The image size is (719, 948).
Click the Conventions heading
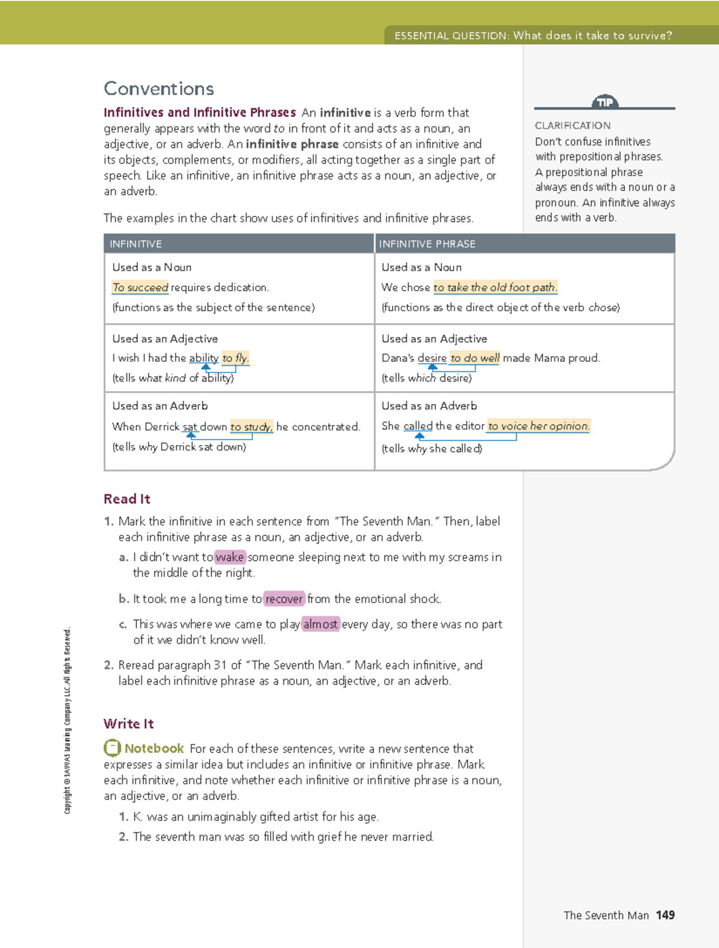tap(159, 89)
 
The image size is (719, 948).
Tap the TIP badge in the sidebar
tap(605, 102)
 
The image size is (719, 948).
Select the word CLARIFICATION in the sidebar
tap(573, 126)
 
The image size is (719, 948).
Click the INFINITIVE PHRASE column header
tap(427, 244)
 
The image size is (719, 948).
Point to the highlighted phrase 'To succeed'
tap(140, 287)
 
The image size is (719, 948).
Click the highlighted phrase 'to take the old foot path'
tap(495, 287)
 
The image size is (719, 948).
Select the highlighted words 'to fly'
tap(235, 358)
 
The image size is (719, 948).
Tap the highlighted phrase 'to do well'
tap(475, 358)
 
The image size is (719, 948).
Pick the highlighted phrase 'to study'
tap(251, 427)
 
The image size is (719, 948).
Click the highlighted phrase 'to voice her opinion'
tap(538, 426)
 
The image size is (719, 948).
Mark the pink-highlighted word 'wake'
tap(229, 558)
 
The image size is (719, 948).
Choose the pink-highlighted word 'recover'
tap(284, 599)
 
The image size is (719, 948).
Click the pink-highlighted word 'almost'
tap(321, 625)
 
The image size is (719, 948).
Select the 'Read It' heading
tap(127, 499)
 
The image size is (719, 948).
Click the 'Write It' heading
tap(129, 724)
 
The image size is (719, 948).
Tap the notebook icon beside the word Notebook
tap(112, 748)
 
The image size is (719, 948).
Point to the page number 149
tap(665, 915)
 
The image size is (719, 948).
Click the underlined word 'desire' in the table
tap(432, 358)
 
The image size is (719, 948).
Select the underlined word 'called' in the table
tap(418, 426)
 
